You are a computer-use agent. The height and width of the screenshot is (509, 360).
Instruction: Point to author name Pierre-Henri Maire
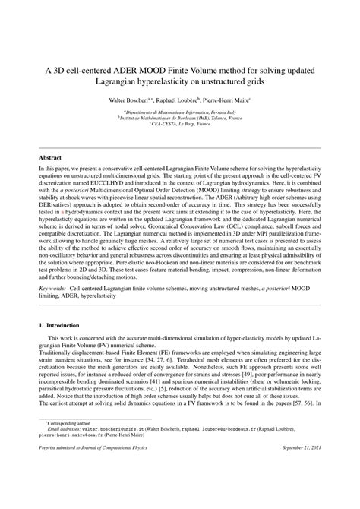pyautogui.click(x=233, y=100)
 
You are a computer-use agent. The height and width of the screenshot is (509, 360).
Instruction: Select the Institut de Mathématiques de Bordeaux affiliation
pyautogui.click(x=180, y=119)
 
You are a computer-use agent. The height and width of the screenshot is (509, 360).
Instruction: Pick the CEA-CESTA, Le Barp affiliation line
pyautogui.click(x=180, y=125)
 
